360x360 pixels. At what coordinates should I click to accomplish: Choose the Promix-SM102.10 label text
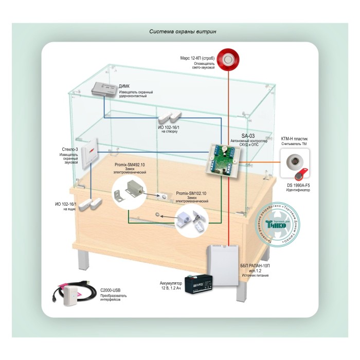[191, 193]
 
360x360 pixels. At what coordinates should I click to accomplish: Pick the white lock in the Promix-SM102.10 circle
[190, 221]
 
